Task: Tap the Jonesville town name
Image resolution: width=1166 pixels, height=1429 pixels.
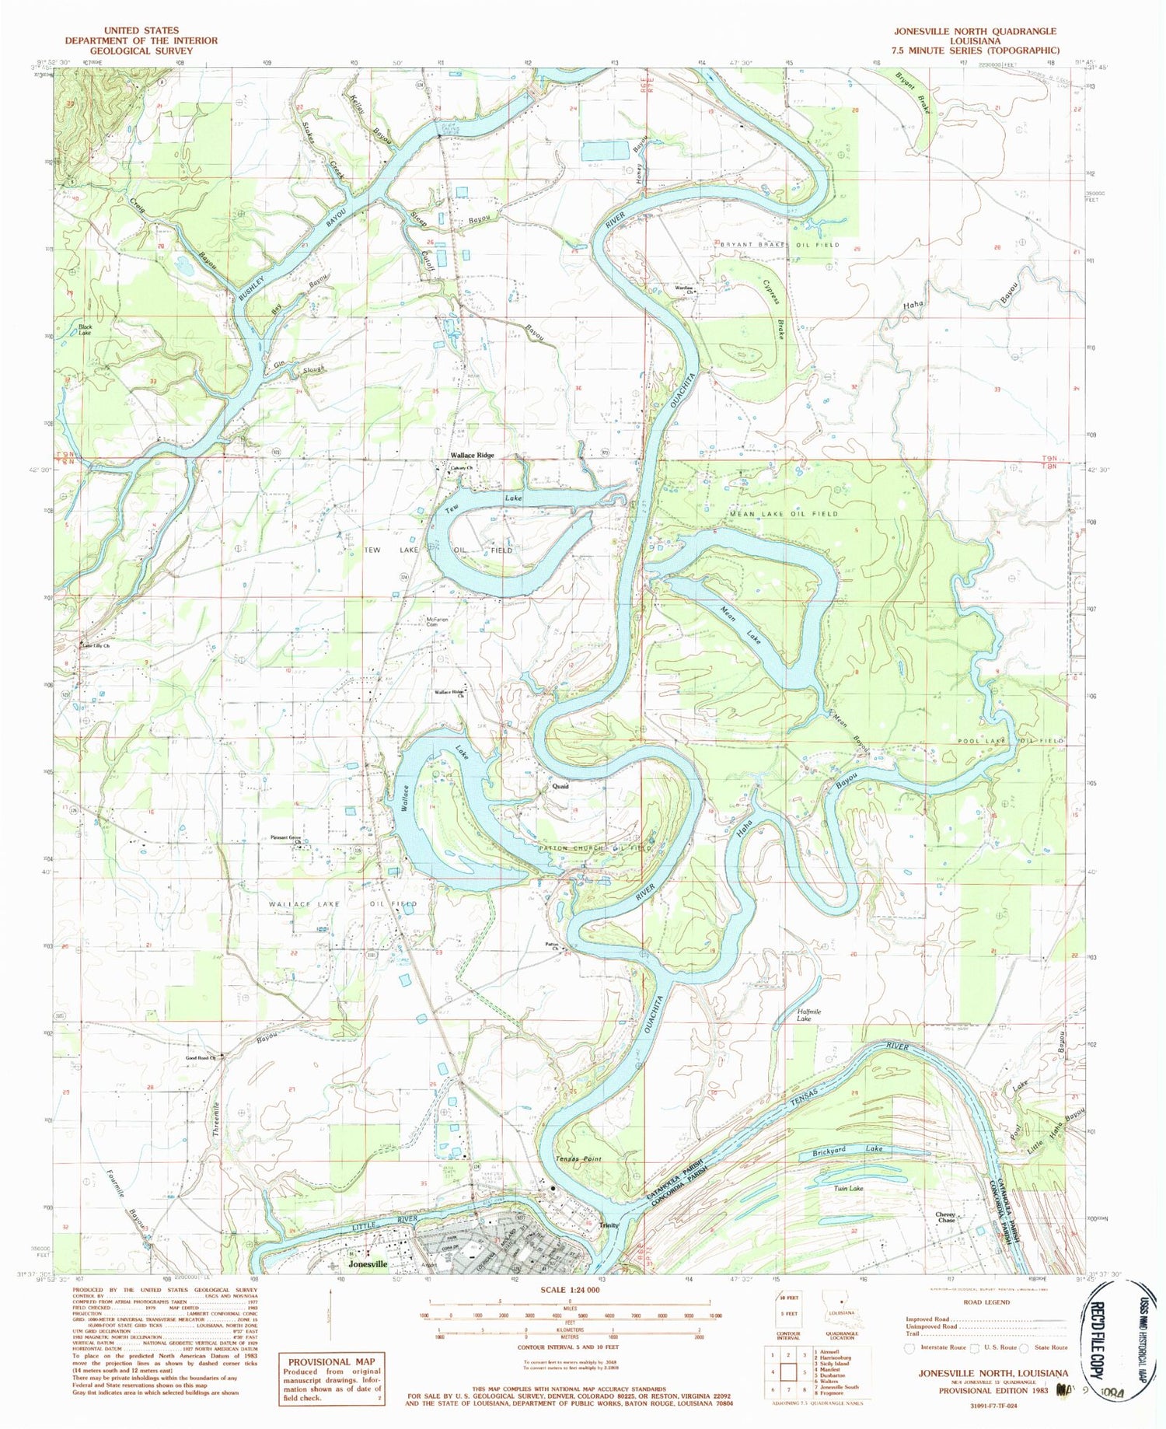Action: click(x=368, y=1264)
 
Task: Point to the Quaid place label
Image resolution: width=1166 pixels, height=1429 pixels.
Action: click(x=560, y=786)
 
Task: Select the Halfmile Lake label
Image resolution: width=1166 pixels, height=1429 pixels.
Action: click(x=804, y=1015)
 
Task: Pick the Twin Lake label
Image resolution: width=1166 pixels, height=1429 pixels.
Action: click(x=849, y=1188)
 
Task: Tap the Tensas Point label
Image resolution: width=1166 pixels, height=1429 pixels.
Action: click(x=578, y=1158)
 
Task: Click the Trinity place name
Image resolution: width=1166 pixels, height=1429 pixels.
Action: click(x=609, y=1225)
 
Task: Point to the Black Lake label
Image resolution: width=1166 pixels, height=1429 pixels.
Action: click(x=85, y=330)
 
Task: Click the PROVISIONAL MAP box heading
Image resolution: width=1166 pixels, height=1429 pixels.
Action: click(x=331, y=1361)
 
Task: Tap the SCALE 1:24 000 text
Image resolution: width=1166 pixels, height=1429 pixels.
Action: click(x=569, y=1289)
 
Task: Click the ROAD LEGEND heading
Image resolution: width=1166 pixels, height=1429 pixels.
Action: click(x=986, y=1301)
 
